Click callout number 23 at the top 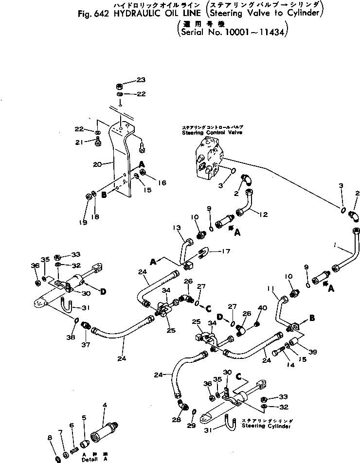(x=141, y=80)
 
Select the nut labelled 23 (x=120, y=83)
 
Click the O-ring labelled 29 (x=194, y=412)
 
